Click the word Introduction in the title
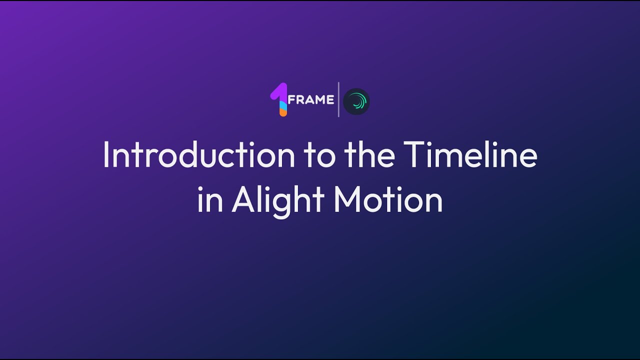coord(198,155)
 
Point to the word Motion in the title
coord(388,200)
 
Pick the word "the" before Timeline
coord(368,155)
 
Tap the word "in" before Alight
coord(210,200)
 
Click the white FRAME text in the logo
coord(311,99)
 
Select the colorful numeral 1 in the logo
coord(279,99)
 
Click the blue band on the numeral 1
coord(283,104)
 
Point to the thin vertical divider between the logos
coord(338,99)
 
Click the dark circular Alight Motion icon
coord(356,101)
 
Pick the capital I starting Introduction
coord(105,155)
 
